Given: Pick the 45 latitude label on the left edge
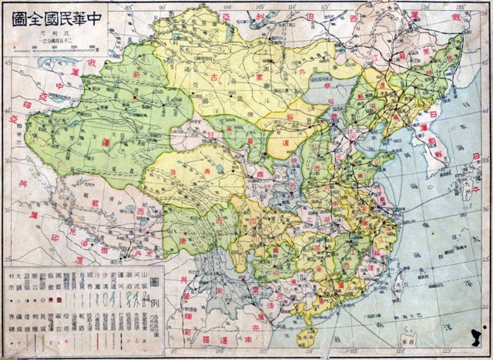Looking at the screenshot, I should tap(8, 64).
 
